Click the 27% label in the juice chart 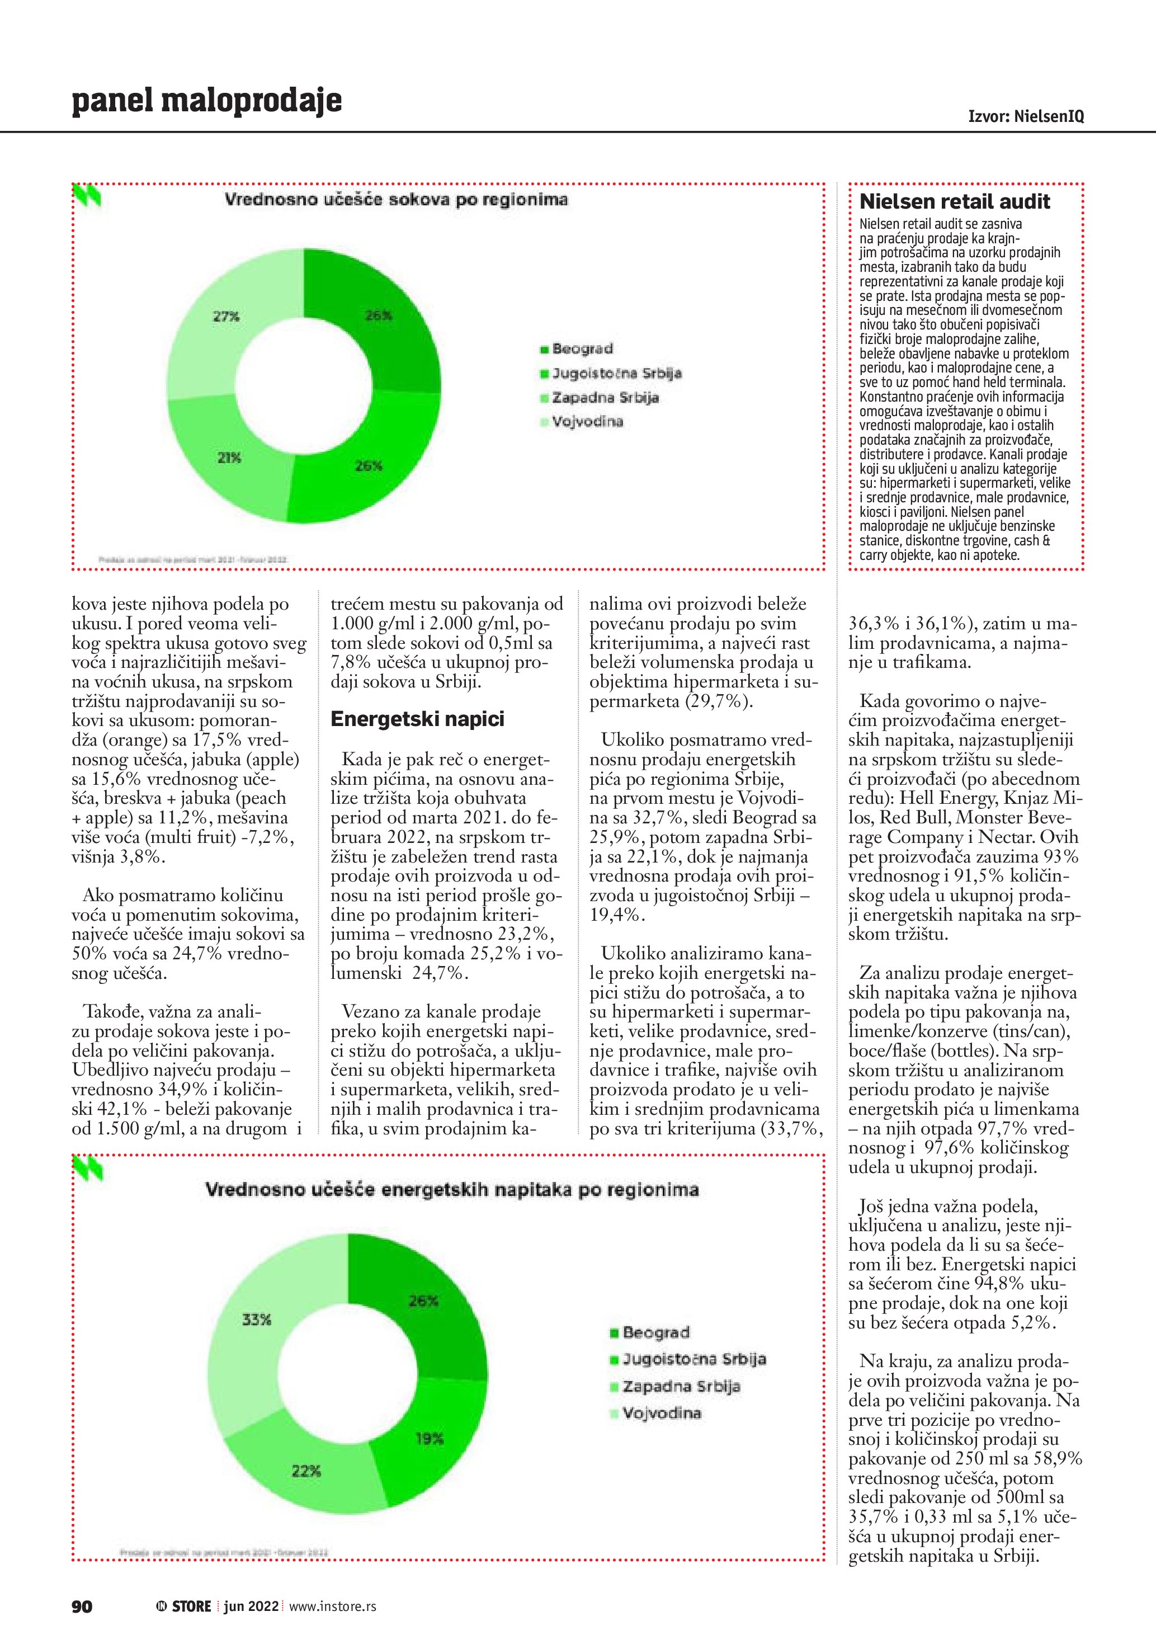point(227,316)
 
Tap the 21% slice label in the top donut point(229,458)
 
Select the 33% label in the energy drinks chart point(256,1320)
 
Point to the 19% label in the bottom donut point(429,1439)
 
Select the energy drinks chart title point(452,1189)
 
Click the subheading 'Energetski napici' point(417,719)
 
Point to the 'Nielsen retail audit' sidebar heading point(955,201)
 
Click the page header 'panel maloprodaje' point(206,101)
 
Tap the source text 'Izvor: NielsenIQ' point(1026,116)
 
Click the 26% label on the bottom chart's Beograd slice point(423,1301)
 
